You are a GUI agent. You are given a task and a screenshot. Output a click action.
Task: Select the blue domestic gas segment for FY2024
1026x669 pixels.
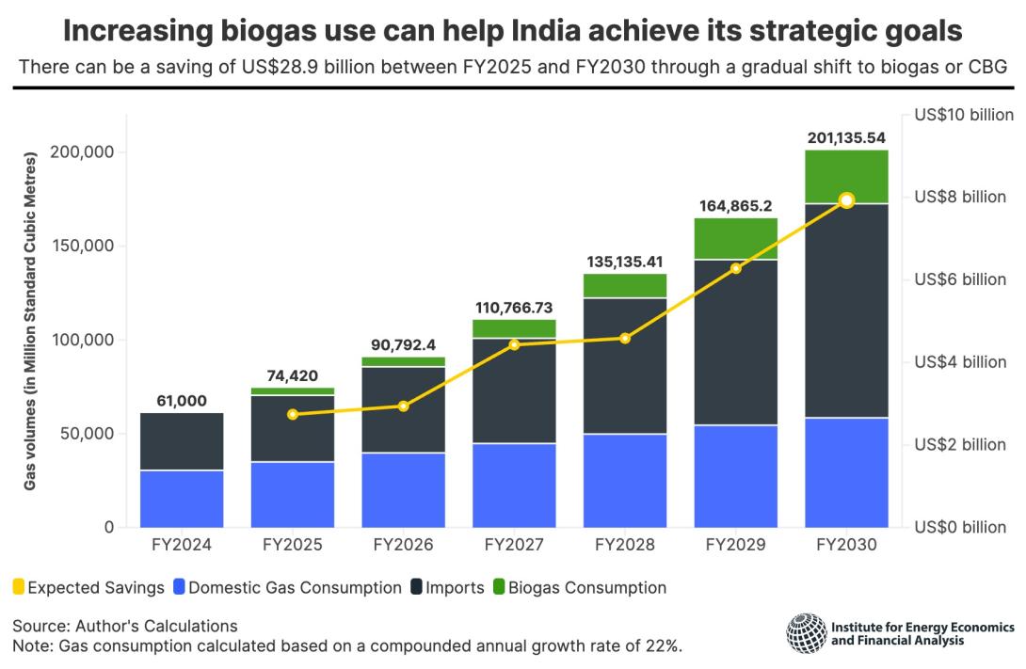tap(182, 499)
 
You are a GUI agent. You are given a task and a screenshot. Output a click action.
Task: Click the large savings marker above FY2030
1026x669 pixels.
tap(846, 199)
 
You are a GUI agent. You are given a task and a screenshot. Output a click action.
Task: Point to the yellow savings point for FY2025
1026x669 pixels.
tap(293, 414)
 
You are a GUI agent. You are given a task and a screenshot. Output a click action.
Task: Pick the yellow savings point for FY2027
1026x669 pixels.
tap(514, 344)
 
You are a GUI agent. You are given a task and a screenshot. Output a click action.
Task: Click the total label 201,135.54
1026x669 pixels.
tap(846, 137)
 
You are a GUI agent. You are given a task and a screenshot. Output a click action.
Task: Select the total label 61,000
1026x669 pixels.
tap(182, 401)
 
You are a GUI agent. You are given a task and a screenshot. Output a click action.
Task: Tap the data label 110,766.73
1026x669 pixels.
tap(514, 307)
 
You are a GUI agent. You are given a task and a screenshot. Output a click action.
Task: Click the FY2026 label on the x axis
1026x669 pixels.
tap(403, 545)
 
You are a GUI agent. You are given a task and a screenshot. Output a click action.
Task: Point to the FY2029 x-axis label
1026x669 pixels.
tap(735, 545)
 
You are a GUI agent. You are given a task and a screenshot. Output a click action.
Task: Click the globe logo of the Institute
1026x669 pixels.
tap(807, 632)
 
